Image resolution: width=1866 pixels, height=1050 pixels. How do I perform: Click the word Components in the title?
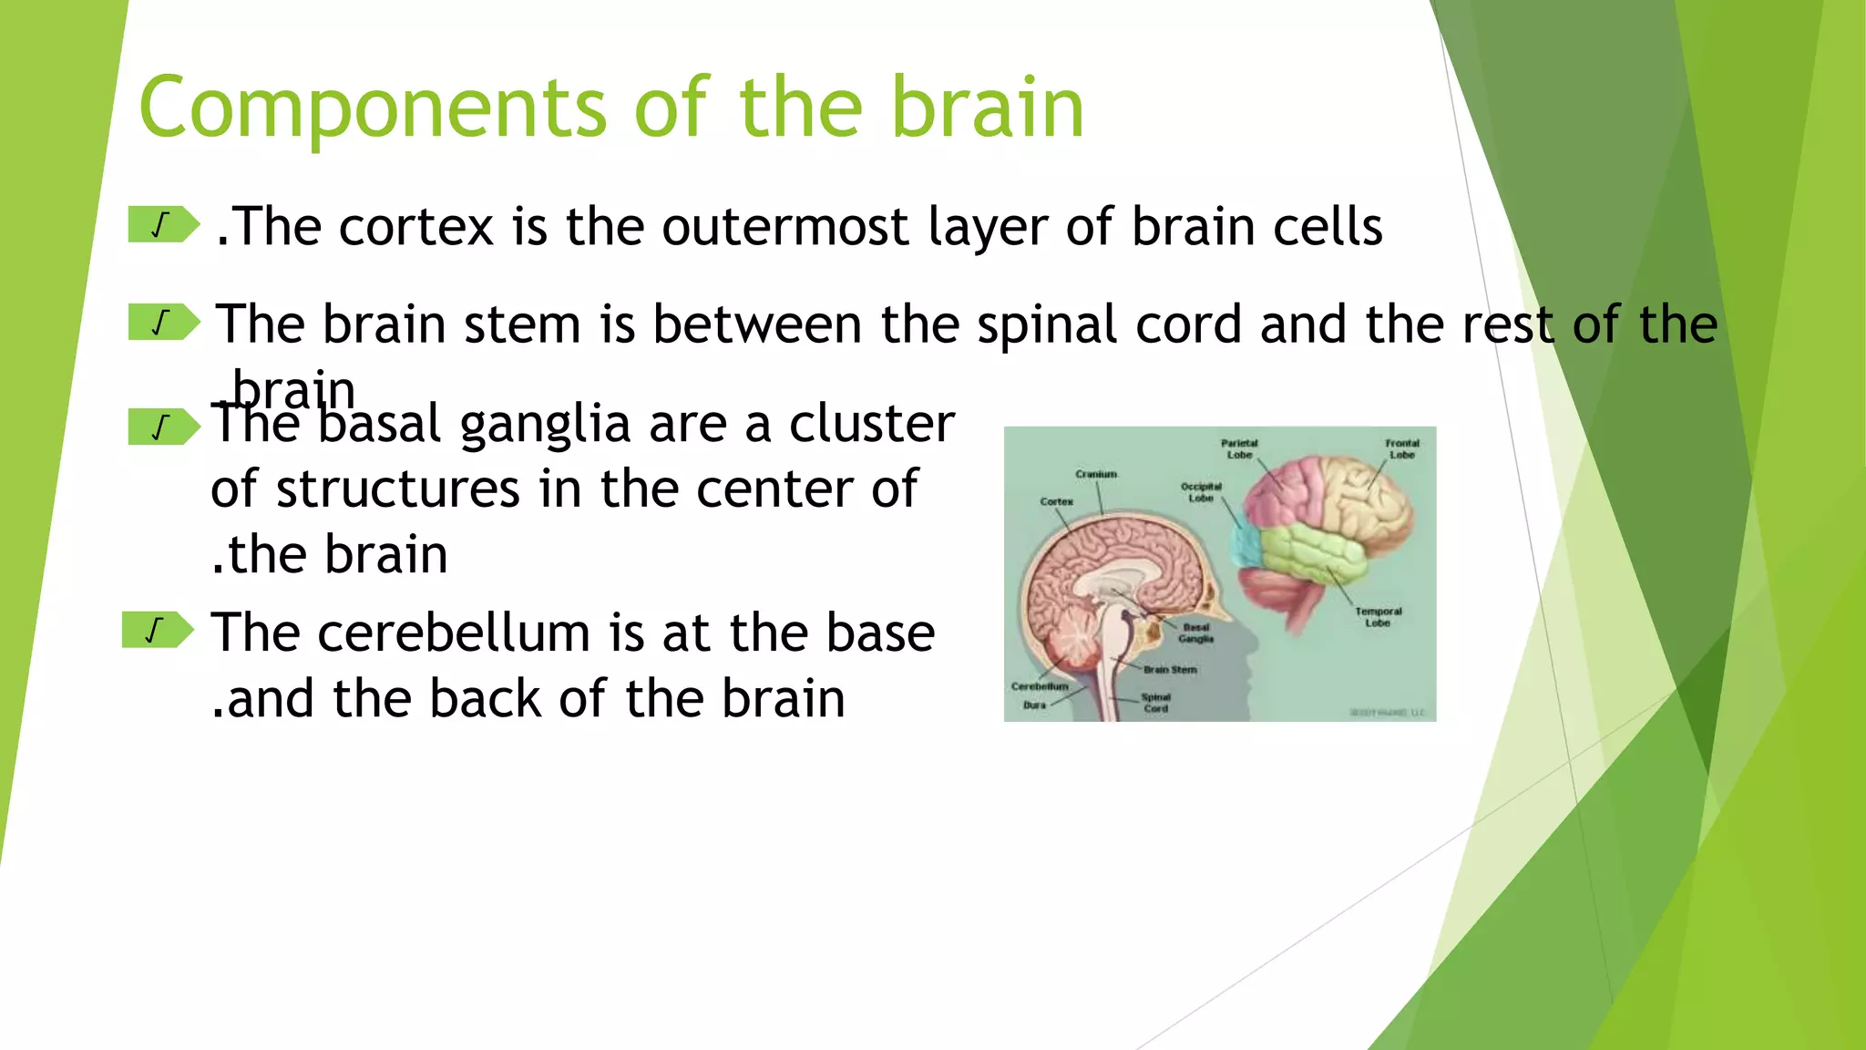click(372, 108)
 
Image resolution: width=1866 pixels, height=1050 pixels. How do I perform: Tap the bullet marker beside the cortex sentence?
click(162, 225)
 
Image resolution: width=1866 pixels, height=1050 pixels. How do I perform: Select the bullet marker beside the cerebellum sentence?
click(157, 630)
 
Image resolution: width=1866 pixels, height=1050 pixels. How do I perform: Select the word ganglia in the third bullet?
click(545, 425)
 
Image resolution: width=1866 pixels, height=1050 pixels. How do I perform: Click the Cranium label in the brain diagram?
click(1095, 474)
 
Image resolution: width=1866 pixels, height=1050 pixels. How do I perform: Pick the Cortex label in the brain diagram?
click(1056, 501)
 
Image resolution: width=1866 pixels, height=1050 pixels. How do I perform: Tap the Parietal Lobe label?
click(1239, 448)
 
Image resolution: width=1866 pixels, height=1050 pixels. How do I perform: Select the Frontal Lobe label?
click(1401, 448)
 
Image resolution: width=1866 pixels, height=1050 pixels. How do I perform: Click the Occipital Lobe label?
click(1201, 492)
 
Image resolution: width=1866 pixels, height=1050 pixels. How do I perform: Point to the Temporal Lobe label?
click(1378, 617)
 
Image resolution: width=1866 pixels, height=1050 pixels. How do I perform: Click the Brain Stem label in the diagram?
click(1170, 669)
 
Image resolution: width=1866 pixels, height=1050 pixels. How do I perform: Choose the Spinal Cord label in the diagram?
click(1155, 702)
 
